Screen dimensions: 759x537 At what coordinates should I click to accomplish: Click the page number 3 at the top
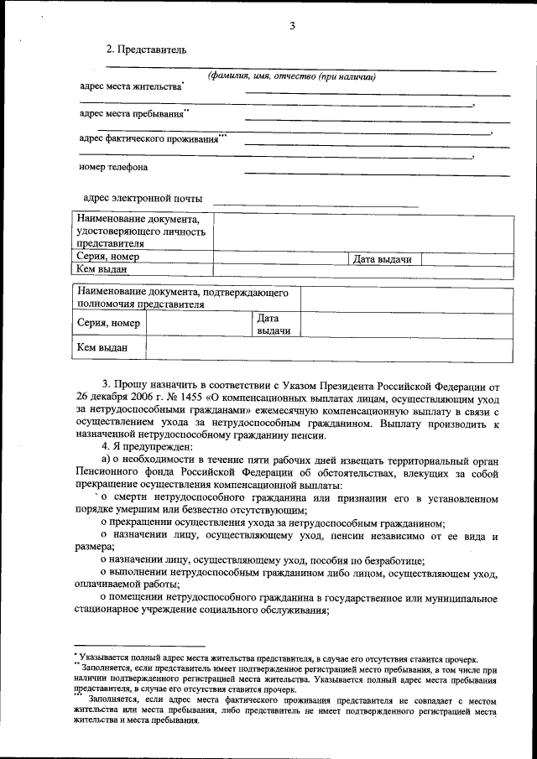[x=292, y=25]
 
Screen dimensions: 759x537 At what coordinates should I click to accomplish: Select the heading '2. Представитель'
[x=140, y=49]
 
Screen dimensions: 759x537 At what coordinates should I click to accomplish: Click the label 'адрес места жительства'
[x=130, y=86]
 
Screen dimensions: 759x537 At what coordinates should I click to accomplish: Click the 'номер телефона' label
[x=113, y=167]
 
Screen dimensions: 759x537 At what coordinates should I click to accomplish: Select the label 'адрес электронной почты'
[x=142, y=199]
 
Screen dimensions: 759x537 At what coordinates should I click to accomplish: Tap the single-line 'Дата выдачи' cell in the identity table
[x=382, y=259]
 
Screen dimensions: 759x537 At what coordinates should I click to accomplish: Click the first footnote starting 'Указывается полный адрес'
[x=277, y=659]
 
